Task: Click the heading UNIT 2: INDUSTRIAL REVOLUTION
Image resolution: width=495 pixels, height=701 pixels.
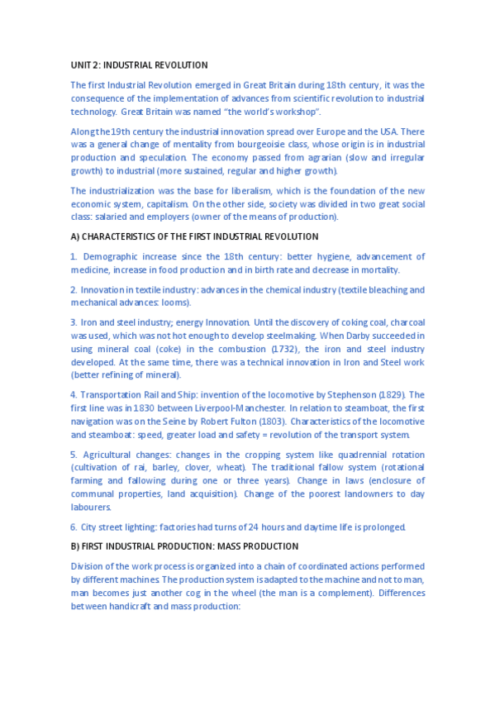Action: tap(139, 64)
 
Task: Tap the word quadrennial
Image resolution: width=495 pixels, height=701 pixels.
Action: tap(335, 454)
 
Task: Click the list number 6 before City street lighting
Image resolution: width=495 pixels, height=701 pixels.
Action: tap(74, 527)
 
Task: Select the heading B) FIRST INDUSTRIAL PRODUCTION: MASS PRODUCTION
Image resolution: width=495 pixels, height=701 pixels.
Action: tap(184, 546)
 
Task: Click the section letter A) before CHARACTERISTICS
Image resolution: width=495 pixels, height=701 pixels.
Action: tap(75, 237)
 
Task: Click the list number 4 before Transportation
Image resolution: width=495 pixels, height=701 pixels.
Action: tap(74, 394)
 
